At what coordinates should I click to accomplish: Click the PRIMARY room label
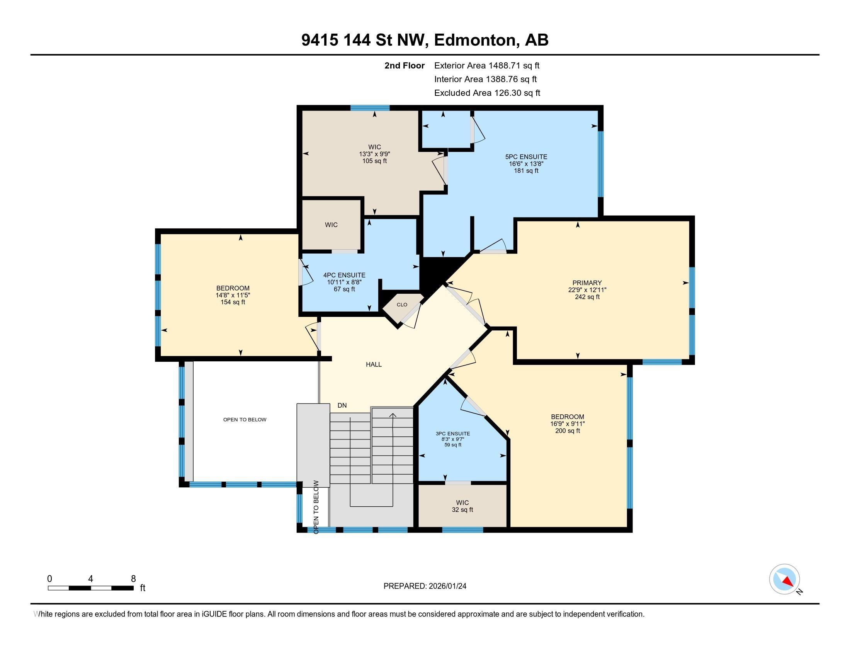[x=587, y=283]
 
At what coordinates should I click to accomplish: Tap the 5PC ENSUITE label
[x=526, y=157]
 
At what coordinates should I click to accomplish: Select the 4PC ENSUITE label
[x=344, y=275]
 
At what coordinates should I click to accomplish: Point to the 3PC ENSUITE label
[x=453, y=434]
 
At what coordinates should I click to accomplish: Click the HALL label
[x=374, y=364]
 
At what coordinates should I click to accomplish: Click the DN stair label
[x=342, y=405]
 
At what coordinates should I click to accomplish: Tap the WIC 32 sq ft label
[x=462, y=506]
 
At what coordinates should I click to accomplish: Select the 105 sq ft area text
[x=374, y=161]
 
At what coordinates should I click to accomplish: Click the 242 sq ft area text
[x=587, y=296]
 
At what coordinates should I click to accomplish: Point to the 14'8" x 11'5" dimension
[x=233, y=295]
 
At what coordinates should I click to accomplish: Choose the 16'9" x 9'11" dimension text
[x=567, y=424]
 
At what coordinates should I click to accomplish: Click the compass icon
[x=784, y=579]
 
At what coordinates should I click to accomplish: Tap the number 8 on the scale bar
[x=133, y=579]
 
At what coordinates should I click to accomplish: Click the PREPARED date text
[x=425, y=586]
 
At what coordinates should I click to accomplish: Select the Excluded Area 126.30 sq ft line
[x=487, y=93]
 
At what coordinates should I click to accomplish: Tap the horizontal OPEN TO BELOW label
[x=245, y=419]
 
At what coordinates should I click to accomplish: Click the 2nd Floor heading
[x=404, y=65]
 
